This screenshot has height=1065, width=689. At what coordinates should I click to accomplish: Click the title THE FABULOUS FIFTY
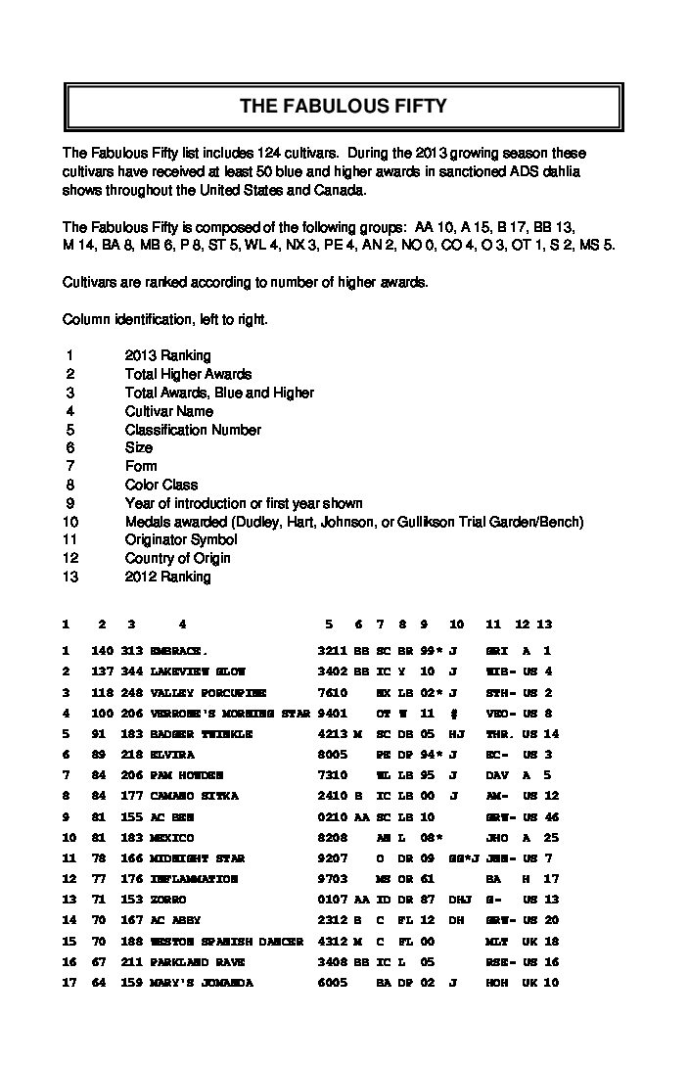(344, 107)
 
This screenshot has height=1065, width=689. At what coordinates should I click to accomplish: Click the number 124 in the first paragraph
(272, 154)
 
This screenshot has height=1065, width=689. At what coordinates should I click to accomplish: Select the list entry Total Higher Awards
(188, 374)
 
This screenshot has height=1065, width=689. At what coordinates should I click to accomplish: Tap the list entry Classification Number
(193, 430)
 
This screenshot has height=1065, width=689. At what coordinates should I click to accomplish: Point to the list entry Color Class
(161, 485)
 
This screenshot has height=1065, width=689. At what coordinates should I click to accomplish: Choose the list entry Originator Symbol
(181, 539)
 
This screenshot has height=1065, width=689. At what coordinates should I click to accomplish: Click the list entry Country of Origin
(178, 558)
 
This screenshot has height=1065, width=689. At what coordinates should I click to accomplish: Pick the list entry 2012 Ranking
(167, 577)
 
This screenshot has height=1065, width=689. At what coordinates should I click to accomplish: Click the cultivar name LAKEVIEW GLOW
(198, 671)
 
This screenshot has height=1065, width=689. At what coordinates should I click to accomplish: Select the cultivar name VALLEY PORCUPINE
(207, 692)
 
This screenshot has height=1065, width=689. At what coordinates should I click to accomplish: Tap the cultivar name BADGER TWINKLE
(202, 733)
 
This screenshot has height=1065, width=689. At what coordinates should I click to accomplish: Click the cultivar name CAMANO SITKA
(194, 796)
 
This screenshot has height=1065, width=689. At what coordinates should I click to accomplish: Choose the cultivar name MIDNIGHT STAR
(198, 858)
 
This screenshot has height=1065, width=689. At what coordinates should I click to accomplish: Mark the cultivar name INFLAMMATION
(194, 879)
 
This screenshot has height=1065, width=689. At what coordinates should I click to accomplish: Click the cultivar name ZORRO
(168, 900)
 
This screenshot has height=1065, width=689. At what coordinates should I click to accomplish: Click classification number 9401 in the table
(333, 713)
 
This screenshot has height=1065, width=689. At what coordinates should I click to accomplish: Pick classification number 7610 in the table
(333, 692)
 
